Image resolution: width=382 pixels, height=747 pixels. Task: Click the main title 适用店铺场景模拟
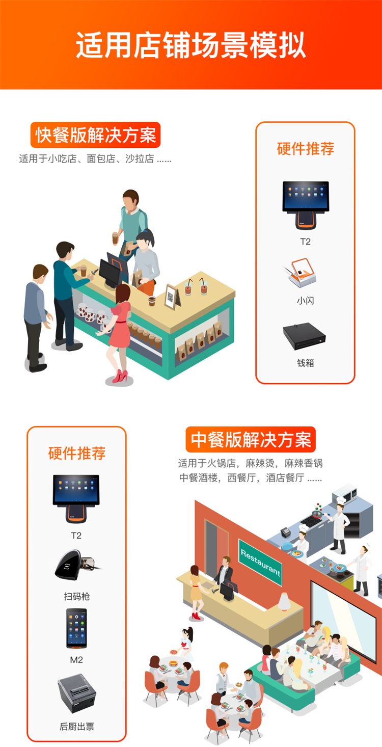coord(190,45)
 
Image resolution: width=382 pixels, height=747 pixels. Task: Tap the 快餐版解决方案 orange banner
coord(95,135)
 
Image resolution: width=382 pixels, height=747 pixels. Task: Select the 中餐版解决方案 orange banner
coord(251,439)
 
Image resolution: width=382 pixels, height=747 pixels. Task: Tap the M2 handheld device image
coord(77,628)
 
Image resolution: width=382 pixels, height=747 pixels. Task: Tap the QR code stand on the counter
coord(171,297)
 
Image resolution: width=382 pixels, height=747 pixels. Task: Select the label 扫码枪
coord(77,596)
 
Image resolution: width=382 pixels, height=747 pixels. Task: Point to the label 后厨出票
coord(77,726)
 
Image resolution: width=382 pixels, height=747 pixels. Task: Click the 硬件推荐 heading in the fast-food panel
coord(305,148)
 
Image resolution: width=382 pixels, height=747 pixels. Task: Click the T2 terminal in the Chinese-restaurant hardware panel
coord(76,499)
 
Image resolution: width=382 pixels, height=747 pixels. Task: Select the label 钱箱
coord(305,362)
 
